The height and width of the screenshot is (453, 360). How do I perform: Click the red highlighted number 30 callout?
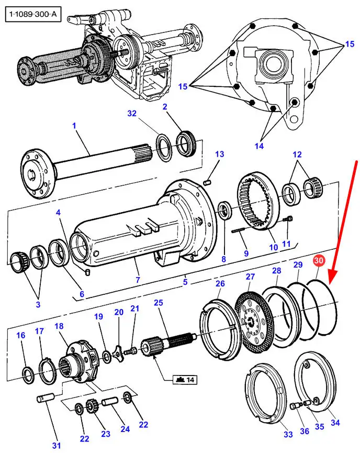[319, 261]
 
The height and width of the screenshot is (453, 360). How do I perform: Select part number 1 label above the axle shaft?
[74, 126]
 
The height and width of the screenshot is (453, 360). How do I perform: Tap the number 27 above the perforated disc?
[251, 277]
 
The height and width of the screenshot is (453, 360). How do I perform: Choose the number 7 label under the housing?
[138, 280]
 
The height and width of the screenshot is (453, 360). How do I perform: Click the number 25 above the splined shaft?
[159, 303]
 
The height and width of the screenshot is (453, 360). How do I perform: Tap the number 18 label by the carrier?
[59, 326]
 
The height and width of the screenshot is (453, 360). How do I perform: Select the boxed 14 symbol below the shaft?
[184, 379]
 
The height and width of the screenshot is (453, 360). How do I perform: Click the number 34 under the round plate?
[335, 422]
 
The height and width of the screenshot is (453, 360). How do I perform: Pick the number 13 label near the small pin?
[219, 154]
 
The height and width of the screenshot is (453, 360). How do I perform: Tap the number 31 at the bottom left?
[56, 446]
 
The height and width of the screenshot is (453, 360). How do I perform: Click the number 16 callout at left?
[20, 336]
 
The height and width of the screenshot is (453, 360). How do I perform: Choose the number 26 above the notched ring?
[220, 284]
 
